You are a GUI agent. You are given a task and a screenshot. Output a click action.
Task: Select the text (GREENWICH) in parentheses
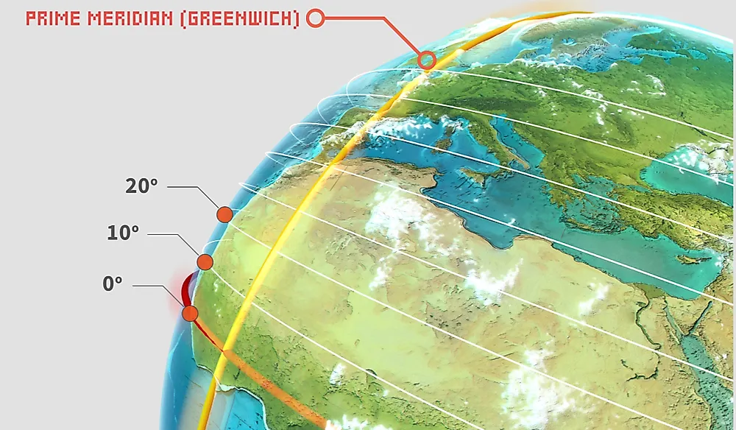click(x=242, y=18)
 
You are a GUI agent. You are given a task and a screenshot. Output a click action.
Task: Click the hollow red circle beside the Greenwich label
click(x=315, y=18)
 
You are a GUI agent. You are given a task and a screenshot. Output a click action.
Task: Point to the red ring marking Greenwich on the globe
click(x=427, y=60)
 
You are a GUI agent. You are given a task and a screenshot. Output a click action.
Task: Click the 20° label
click(x=141, y=186)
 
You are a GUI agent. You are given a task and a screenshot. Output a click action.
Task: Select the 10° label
click(x=122, y=233)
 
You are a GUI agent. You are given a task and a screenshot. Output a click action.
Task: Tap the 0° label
click(x=113, y=284)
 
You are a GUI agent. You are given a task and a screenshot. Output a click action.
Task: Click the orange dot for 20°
click(x=224, y=214)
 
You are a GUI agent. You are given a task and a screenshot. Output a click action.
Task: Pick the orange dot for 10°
click(x=205, y=262)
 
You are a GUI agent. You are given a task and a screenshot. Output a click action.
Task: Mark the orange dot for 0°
click(x=190, y=314)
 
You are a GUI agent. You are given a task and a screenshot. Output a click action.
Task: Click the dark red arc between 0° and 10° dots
click(x=186, y=288)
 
